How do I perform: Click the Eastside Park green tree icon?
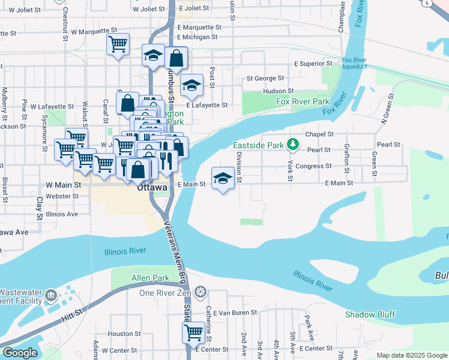(292, 145)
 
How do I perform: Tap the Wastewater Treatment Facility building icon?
(50, 296)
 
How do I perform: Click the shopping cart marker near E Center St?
(193, 332)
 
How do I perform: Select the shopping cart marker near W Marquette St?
(118, 44)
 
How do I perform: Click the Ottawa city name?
(149, 187)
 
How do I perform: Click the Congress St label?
(313, 166)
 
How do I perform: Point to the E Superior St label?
(313, 64)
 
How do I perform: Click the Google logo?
(20, 353)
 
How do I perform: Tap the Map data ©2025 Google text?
(411, 355)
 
